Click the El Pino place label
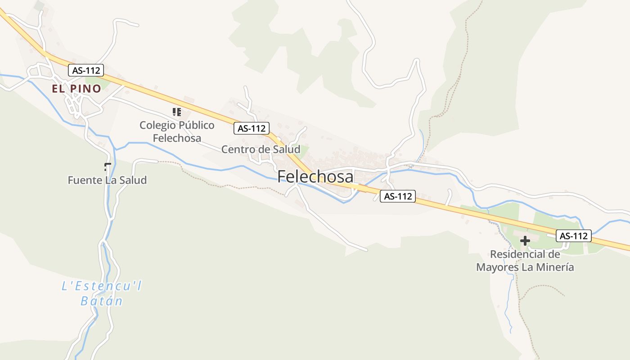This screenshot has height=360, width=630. point(76,89)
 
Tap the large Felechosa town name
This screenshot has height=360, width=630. point(315,176)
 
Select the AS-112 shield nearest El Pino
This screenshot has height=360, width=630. point(86,70)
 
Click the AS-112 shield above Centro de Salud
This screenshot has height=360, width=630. point(252,128)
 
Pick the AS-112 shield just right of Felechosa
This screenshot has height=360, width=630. point(398,196)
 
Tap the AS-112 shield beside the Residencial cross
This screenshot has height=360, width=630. point(573,235)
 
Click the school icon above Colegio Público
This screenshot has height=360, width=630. point(177,112)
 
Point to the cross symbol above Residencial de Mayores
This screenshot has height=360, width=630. point(525,241)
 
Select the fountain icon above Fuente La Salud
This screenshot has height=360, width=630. point(107,167)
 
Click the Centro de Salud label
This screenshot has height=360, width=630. point(261,149)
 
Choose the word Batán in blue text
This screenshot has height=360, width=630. point(102,301)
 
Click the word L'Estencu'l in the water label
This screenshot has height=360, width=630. point(102,286)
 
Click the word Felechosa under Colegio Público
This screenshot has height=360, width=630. point(177,138)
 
